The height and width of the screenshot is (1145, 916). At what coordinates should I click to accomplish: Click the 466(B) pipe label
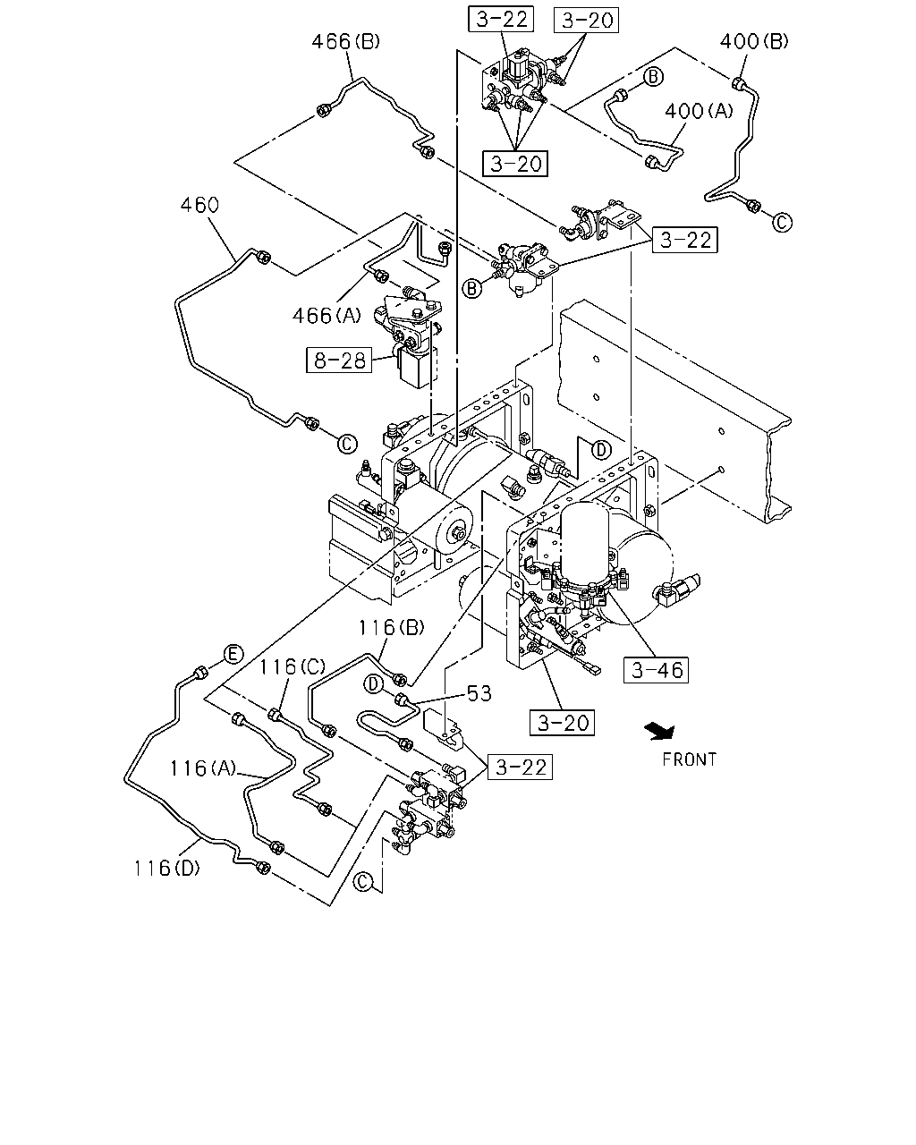pyautogui.click(x=345, y=41)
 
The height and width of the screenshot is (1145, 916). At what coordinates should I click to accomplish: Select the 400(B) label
pyautogui.click(x=754, y=41)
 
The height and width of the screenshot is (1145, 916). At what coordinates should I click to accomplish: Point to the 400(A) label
pyautogui.click(x=699, y=111)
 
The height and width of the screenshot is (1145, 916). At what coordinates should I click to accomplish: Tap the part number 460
pyautogui.click(x=199, y=205)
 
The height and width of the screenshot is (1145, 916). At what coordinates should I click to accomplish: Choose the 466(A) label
pyautogui.click(x=327, y=316)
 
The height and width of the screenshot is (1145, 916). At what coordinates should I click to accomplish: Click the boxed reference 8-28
pyautogui.click(x=339, y=360)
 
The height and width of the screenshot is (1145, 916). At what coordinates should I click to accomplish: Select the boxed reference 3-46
pyautogui.click(x=656, y=670)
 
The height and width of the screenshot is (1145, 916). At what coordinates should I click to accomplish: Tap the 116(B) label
pyautogui.click(x=391, y=628)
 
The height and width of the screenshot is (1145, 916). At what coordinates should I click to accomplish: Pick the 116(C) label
pyautogui.click(x=292, y=666)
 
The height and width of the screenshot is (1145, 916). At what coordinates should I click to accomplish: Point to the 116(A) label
pyautogui.click(x=203, y=768)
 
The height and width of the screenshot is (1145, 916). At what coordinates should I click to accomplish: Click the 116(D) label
pyautogui.click(x=166, y=869)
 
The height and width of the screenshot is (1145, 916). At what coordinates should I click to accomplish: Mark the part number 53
pyautogui.click(x=479, y=693)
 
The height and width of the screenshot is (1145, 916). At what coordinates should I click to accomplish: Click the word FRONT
pyautogui.click(x=690, y=759)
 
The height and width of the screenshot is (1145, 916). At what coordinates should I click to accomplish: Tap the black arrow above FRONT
pyautogui.click(x=660, y=732)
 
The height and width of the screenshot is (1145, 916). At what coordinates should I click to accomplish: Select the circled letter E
pyautogui.click(x=233, y=654)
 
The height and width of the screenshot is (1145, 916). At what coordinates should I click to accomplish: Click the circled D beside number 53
pyautogui.click(x=374, y=684)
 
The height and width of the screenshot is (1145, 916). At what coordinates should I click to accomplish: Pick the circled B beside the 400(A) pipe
pyautogui.click(x=654, y=77)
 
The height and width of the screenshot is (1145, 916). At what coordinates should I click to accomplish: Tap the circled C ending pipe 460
pyautogui.click(x=348, y=444)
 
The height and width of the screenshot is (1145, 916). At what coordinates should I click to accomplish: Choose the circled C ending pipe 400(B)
pyautogui.click(x=782, y=223)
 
